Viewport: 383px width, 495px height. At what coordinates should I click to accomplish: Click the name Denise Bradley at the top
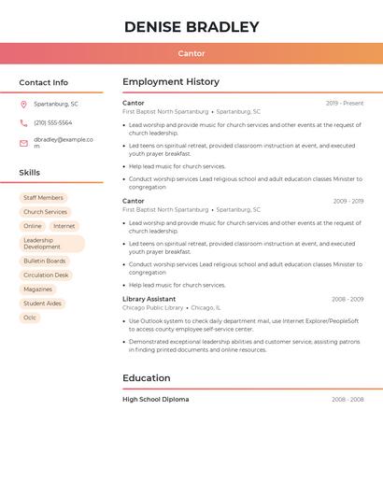pos(191,27)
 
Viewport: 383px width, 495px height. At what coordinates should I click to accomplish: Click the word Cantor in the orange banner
pos(191,53)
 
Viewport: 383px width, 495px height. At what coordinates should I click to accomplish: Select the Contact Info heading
pos(44,82)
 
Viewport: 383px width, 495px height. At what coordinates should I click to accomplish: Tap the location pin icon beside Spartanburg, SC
pos(23,104)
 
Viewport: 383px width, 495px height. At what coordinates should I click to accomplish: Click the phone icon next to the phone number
pos(23,122)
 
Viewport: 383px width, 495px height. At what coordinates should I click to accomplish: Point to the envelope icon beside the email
pos(23,143)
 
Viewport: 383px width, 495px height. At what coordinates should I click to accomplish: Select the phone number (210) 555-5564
pos(52,122)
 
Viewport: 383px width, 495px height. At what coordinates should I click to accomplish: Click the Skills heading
pos(30,173)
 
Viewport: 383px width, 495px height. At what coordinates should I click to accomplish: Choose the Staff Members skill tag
pos(43,198)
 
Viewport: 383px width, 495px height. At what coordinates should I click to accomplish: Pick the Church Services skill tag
pos(45,212)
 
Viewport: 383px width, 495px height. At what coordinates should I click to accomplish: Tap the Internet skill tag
pos(64,226)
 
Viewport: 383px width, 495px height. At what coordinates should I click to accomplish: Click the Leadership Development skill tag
pos(51,244)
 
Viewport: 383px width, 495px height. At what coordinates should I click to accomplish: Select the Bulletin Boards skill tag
pos(45,262)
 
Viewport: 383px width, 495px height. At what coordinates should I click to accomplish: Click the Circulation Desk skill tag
pos(46,276)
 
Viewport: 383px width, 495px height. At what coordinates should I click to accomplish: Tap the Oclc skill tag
pos(30,318)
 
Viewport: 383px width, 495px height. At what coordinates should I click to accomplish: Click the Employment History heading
pos(171,82)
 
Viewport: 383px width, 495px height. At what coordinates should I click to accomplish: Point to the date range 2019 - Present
pos(345,104)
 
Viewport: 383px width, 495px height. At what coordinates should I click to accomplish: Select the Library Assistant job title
pos(149,299)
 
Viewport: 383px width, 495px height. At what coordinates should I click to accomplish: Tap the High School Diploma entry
pos(155,400)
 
